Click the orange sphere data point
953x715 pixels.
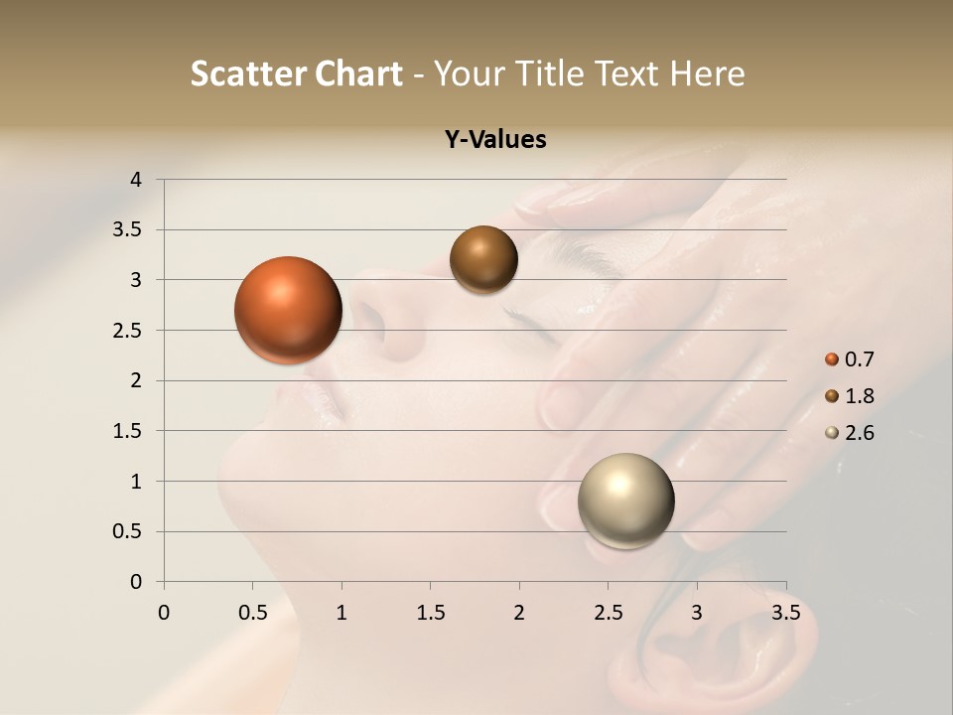[289, 310]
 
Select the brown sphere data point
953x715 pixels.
[483, 259]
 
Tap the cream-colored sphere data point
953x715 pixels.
[625, 500]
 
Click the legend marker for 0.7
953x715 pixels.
[832, 359]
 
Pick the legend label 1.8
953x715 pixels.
[859, 396]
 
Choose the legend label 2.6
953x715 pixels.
[859, 433]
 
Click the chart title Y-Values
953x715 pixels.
[494, 140]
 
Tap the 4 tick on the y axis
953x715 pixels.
[136, 180]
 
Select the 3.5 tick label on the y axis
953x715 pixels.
[128, 230]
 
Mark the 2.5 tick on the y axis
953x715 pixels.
[128, 331]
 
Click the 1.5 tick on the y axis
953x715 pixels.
[128, 431]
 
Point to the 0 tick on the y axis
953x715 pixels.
[136, 582]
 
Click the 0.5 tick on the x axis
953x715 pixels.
[252, 613]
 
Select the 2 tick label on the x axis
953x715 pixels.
[519, 613]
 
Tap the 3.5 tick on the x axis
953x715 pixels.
[785, 613]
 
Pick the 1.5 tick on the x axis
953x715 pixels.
[430, 613]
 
